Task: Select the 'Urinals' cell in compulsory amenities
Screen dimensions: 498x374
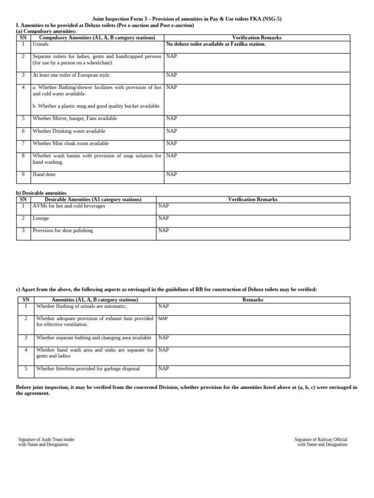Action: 40,44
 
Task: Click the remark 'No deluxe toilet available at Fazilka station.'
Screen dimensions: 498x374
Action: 216,44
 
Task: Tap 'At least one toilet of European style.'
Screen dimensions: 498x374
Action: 72,75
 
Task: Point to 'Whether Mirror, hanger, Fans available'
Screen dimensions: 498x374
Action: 75,119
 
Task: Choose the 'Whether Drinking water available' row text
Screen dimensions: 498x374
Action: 69,131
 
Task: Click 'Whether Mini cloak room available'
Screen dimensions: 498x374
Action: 71,143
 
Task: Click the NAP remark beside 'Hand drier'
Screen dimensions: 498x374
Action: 171,174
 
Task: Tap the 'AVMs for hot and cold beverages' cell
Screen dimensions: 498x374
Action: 69,206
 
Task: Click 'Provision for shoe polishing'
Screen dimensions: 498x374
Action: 63,231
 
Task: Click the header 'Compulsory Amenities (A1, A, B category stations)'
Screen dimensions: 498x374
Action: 97,37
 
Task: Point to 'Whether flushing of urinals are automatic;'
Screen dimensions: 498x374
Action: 81,306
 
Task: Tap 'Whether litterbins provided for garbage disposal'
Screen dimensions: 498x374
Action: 88,369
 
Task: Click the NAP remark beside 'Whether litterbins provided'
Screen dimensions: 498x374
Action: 164,369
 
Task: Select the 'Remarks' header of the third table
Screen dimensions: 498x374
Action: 253,300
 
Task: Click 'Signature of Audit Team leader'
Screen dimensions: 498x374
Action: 46,440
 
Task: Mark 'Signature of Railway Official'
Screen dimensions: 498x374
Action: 321,440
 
